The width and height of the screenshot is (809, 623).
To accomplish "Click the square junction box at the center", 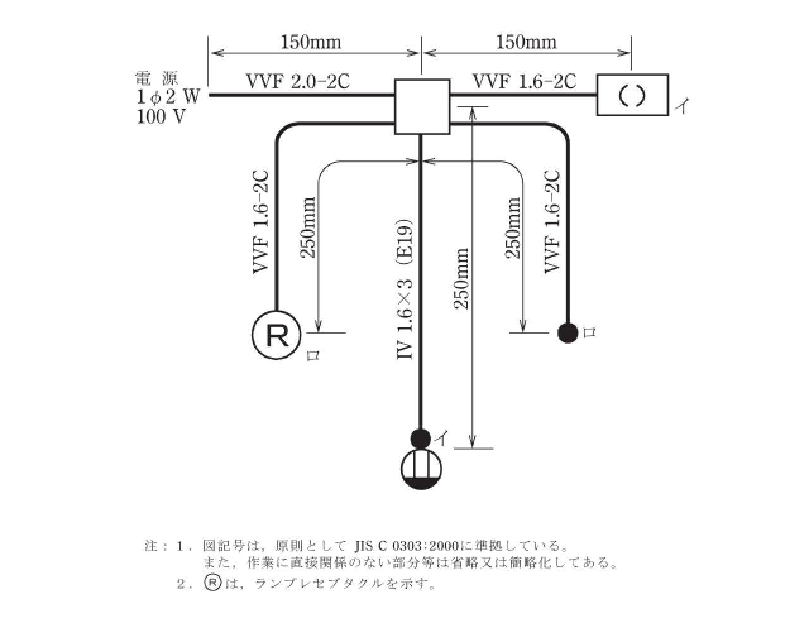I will [422, 106].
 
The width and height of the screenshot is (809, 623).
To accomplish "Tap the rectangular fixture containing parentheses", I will [632, 95].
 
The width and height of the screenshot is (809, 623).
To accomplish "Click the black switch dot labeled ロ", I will [568, 332].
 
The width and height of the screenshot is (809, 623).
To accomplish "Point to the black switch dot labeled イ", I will [420, 437].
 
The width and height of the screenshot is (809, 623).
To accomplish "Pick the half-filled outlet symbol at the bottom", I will [422, 468].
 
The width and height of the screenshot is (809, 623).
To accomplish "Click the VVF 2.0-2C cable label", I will [298, 81].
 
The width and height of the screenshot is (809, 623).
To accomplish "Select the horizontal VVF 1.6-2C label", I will [524, 81].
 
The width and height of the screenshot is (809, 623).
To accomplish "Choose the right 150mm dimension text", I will [526, 42].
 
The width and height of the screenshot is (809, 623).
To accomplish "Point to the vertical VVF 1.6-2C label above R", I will [262, 221].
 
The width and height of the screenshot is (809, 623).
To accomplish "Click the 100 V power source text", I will [161, 117].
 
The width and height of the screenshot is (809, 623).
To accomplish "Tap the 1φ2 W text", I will [168, 97].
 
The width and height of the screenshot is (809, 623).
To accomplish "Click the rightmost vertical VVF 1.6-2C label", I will [552, 221].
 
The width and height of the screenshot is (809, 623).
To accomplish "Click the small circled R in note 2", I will [212, 583].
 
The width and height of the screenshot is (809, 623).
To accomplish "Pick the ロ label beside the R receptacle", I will [312, 356].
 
